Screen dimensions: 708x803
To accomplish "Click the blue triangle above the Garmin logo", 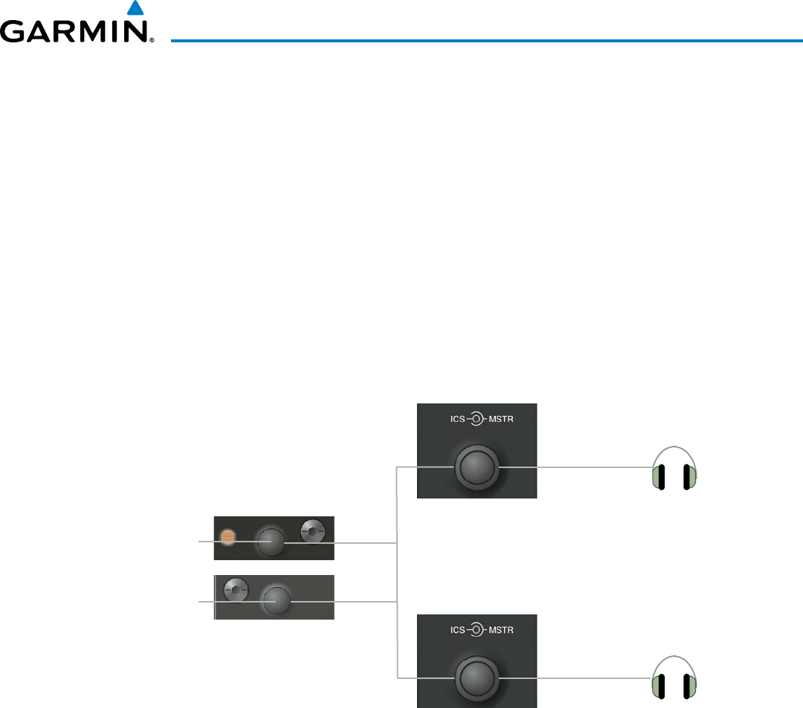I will click(x=135, y=9).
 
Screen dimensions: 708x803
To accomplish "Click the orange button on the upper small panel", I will click(x=228, y=536).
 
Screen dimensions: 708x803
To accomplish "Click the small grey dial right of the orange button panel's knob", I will click(x=313, y=532).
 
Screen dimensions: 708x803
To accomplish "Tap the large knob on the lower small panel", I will click(x=277, y=600).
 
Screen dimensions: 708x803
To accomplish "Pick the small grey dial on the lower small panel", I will click(x=236, y=589).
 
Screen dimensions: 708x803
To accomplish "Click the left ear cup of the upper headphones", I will click(x=658, y=478).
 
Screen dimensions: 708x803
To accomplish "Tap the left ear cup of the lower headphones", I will click(x=658, y=688).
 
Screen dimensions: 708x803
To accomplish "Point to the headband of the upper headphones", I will click(x=674, y=449).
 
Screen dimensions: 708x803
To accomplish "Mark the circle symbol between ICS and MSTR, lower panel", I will click(x=473, y=630).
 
